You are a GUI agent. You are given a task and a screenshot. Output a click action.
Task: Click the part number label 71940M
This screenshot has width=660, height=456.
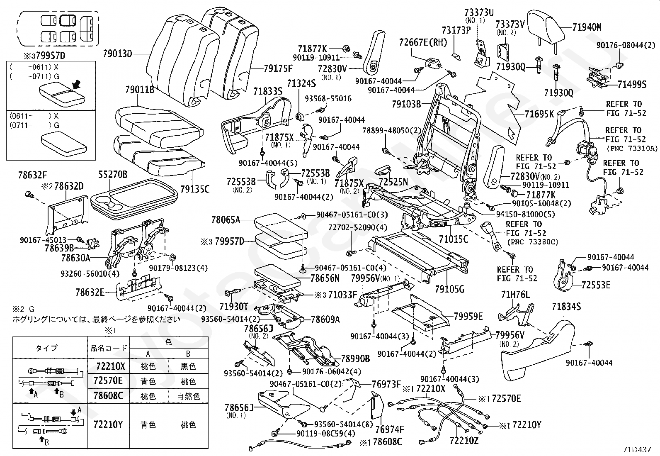tap(587, 28)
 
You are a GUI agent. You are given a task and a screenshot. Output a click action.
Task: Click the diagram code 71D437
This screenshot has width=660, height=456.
tap(637, 449)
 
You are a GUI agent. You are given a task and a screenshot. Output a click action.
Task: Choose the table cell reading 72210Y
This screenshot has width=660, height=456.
tap(109, 424)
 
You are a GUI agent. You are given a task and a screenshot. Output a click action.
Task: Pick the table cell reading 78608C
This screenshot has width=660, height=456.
tap(109, 395)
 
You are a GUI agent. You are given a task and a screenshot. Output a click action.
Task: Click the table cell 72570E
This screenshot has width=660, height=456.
tap(109, 381)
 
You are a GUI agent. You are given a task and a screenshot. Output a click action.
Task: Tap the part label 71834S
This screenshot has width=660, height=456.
tap(566, 307)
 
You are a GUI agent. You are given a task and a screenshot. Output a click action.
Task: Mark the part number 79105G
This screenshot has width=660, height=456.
tap(450, 288)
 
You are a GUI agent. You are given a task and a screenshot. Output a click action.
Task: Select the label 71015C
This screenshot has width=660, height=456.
tap(454, 239)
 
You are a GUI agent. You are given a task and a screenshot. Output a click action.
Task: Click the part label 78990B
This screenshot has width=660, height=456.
tap(355, 358)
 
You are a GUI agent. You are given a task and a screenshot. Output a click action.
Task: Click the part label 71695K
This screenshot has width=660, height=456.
tap(539, 114)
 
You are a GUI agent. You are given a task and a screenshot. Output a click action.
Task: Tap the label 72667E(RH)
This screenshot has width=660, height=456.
tap(423, 42)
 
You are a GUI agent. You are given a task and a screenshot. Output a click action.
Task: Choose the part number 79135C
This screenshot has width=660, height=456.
tap(195, 189)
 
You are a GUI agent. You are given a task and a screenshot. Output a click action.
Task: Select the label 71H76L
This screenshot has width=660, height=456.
tap(515, 295)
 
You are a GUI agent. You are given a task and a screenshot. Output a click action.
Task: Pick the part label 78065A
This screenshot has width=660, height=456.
tap(226, 220)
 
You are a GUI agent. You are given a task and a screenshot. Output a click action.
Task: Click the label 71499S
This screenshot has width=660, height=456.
tap(632, 85)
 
